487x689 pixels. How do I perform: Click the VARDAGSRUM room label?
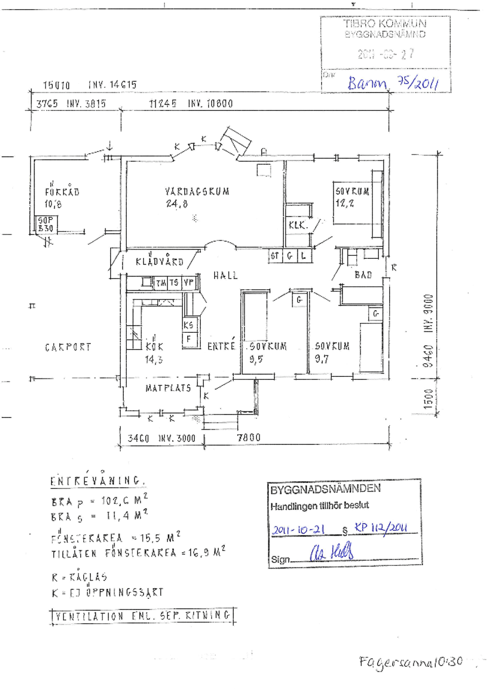click(x=197, y=192)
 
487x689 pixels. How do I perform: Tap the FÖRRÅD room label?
click(x=62, y=192)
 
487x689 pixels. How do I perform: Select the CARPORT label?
click(x=68, y=347)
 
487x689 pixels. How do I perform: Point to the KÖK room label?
click(x=154, y=347)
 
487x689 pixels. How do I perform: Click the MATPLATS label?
click(x=168, y=388)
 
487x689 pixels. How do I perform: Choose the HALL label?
click(x=225, y=276)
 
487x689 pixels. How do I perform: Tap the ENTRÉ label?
click(x=221, y=347)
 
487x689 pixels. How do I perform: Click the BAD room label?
click(x=363, y=275)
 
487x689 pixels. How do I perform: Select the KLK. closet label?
click(x=298, y=225)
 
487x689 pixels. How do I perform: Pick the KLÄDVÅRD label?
click(x=159, y=261)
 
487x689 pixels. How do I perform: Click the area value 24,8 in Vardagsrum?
click(x=177, y=204)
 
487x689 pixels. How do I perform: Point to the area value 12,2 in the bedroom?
click(x=344, y=203)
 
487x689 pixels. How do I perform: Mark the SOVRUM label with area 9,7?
click(x=332, y=347)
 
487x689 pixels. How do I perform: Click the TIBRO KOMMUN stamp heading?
click(x=385, y=24)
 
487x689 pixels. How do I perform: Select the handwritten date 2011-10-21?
click(x=298, y=530)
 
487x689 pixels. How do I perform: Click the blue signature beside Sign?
click(x=332, y=552)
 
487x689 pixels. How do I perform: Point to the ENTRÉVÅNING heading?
click(x=97, y=481)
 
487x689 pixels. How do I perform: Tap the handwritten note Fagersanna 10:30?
click(x=410, y=662)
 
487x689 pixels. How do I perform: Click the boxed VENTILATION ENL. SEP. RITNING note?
click(x=143, y=616)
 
